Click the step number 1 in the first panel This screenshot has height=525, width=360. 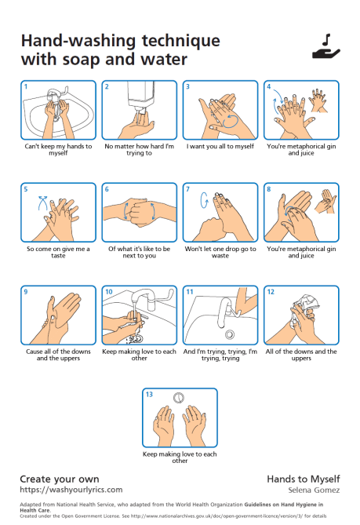[x=25, y=86]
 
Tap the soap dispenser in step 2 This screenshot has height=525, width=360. [x=139, y=97]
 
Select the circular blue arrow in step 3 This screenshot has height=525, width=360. [x=229, y=122]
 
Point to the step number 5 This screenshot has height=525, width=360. [x=25, y=188]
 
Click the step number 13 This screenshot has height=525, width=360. [x=148, y=394]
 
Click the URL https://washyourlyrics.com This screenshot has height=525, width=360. [x=71, y=488]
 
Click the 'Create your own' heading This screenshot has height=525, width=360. [x=59, y=477]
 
